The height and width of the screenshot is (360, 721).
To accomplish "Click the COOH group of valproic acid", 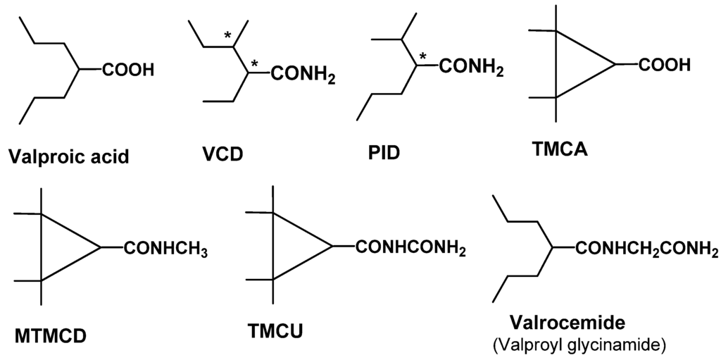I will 127,70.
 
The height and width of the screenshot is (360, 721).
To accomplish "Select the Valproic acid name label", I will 69,156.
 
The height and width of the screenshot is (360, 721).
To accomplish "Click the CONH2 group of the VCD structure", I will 301,73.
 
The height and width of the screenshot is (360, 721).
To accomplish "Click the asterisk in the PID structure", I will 422,56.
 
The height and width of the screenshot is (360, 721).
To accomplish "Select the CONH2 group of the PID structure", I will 472,68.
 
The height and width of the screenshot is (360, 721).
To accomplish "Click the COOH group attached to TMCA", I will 665,65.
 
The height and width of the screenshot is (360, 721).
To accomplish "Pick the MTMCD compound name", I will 49,334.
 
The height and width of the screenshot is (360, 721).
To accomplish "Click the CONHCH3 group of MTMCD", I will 166,249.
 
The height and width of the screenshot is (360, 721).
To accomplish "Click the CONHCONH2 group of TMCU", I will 410,248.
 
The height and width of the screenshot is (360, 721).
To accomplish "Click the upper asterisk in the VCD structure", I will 227,35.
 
